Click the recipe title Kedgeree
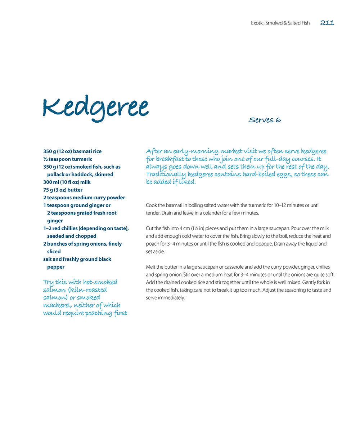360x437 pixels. (x=95, y=108)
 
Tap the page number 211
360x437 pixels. (x=327, y=23)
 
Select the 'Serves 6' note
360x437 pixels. (x=265, y=120)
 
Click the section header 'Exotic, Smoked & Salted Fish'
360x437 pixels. (x=280, y=23)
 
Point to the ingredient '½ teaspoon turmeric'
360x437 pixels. (x=68, y=159)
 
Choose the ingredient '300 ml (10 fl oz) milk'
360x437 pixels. (x=67, y=182)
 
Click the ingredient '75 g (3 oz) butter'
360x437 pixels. (x=63, y=190)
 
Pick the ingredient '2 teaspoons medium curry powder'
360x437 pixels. (x=84, y=197)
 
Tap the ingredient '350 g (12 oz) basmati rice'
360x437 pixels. (x=72, y=151)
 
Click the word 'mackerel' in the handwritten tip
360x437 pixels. (x=56, y=305)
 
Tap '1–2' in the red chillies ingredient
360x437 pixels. (x=47, y=228)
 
